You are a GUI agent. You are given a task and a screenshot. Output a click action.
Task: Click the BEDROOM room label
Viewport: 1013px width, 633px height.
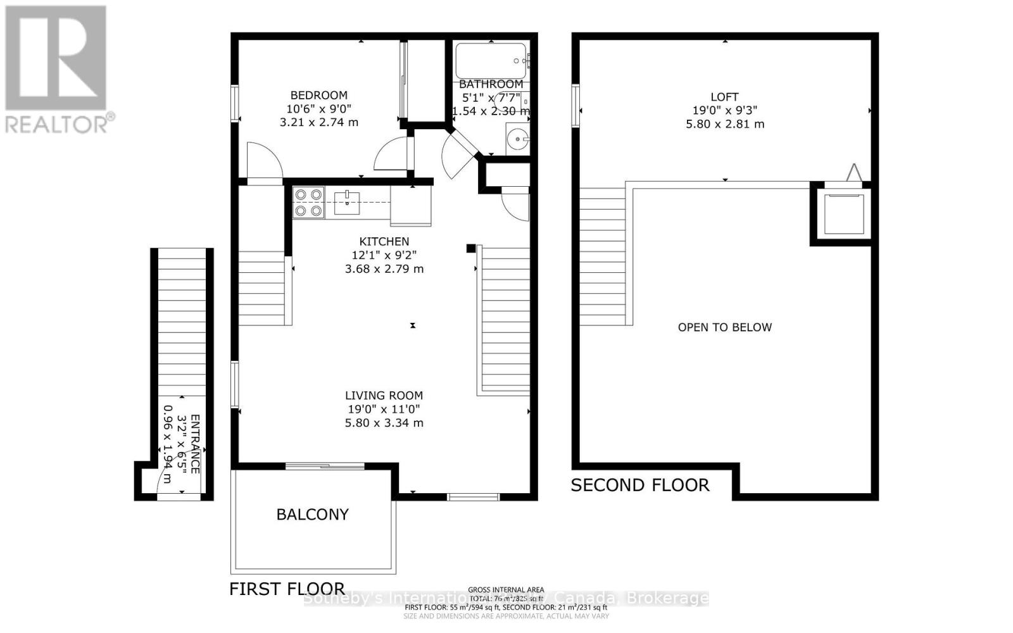coord(318,96)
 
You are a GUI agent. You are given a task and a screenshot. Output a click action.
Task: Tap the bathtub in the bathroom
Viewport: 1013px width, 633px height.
coord(491,61)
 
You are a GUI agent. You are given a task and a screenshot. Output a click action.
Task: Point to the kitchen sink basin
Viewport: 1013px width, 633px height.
coord(347,202)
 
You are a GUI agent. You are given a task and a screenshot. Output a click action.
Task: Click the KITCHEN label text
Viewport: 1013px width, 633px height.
coord(384,241)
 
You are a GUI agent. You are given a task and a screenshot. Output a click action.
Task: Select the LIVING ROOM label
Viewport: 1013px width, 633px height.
coord(384,396)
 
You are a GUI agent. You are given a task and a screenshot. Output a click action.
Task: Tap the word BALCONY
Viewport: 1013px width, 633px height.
coord(312,514)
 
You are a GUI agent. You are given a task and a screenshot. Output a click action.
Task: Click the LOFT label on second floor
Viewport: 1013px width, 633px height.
coord(724,97)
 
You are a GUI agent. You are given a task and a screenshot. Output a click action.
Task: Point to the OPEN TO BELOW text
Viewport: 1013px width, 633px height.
coord(724,327)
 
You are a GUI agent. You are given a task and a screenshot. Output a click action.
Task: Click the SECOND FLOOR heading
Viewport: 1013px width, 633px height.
coord(639,486)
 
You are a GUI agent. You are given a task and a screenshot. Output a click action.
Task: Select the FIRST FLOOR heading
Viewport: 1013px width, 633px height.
coord(287,589)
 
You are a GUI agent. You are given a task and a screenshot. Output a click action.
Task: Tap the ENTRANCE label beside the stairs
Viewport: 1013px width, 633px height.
coord(195,443)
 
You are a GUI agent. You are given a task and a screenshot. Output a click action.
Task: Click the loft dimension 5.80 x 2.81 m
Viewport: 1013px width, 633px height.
coord(724,124)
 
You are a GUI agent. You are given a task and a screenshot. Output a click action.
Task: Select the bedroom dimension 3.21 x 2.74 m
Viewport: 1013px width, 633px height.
coord(318,122)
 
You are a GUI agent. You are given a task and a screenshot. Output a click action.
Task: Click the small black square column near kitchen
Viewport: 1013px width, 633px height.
coord(470,248)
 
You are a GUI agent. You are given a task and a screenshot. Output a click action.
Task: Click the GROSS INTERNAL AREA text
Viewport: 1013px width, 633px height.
coord(506,590)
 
